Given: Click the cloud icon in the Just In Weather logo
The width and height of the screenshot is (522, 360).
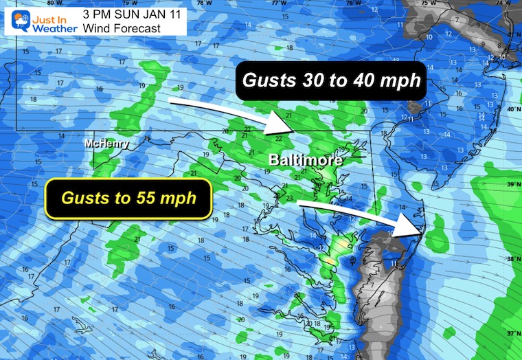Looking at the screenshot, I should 15,20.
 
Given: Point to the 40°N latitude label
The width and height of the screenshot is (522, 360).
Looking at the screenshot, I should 512,109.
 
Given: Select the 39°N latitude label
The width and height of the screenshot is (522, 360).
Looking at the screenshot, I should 512,184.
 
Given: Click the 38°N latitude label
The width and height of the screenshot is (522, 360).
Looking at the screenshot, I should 512,260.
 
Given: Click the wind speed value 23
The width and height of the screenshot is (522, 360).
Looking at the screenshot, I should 290,199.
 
